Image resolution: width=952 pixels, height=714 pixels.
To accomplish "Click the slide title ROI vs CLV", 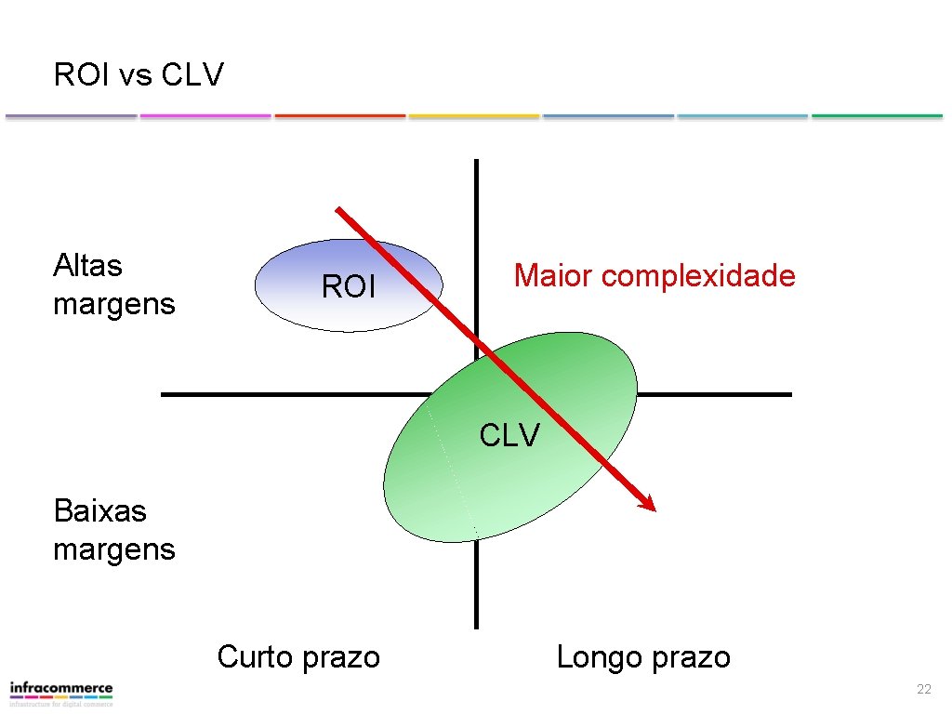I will (139, 74).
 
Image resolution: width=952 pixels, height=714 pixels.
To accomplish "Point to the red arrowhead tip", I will (654, 509).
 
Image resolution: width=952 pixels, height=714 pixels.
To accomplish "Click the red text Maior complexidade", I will (654, 275).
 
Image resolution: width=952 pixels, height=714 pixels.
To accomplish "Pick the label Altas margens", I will (113, 284).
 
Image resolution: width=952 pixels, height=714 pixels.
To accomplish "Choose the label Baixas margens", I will (113, 529).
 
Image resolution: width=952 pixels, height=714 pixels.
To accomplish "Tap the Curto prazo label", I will (298, 657).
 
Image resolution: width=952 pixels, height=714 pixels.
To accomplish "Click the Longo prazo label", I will (643, 657).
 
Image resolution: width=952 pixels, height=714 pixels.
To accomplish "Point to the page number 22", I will (923, 689).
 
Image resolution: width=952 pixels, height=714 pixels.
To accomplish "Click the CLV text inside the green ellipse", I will (509, 434).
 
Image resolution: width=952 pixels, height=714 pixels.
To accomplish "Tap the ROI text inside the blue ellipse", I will (349, 287).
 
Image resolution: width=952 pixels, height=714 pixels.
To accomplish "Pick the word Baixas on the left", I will (100, 509).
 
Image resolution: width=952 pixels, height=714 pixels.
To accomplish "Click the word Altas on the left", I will (88, 266).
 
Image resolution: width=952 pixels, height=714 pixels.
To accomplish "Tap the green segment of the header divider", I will (877, 116).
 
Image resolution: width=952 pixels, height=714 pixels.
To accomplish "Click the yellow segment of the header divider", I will (474, 116).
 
